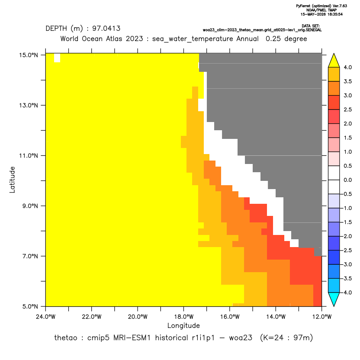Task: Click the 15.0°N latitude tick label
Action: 29,55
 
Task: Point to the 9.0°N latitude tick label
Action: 29,206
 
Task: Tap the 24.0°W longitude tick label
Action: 46,317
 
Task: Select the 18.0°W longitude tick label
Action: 183,317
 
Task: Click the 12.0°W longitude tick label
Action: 321,317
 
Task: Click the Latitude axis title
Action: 12,180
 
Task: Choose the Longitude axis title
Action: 183,325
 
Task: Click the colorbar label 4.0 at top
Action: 347,67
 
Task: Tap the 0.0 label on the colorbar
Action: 347,180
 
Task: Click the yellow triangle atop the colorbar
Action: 334,61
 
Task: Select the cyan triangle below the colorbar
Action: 334,299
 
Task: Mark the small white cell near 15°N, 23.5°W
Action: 57,58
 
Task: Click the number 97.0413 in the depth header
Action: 106,29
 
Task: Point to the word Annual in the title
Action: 247,39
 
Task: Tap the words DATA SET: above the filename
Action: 311,26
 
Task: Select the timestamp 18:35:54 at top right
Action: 334,14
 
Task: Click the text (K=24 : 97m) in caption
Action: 286,338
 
